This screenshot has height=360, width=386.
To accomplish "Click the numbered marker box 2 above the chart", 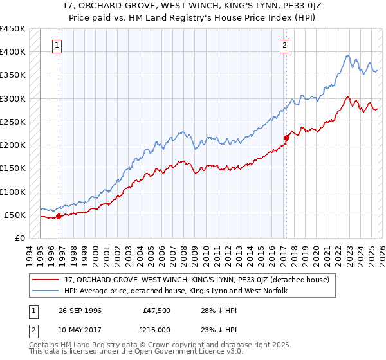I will coord(284,46).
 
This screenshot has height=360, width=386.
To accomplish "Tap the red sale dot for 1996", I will coord(59,216).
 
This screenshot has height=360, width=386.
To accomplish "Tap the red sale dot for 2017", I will coord(286,138).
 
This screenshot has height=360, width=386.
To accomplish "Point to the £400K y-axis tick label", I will coord(13,52).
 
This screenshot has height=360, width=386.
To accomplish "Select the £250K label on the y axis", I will coord(13,122).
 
